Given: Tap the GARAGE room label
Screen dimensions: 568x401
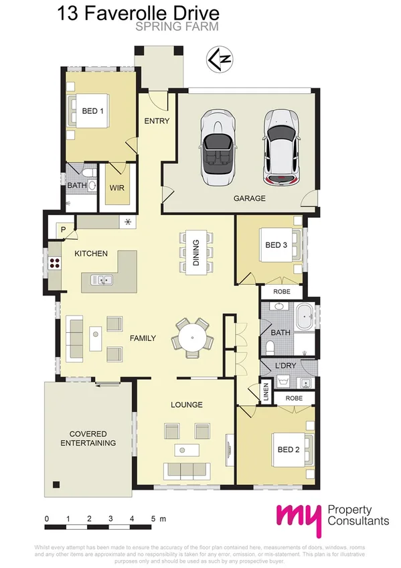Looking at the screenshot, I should tap(249, 198).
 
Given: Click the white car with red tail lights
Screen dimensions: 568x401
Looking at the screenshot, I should tap(280, 149).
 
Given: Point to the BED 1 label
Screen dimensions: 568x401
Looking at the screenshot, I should tap(92, 111).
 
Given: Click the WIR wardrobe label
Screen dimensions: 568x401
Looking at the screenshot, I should tap(117, 188).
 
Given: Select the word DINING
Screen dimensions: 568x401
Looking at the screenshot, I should tap(196, 253).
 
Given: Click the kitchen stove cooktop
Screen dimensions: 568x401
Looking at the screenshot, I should tap(54, 262).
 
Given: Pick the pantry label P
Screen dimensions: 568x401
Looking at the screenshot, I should tap(64, 230).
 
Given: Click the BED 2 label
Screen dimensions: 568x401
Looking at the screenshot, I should tap(288, 449).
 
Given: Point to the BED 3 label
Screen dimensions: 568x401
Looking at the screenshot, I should tap(276, 245).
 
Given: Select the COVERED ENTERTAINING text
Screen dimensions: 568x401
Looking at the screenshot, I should tap(88, 439).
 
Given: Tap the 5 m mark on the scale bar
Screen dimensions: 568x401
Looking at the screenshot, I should tap(153, 519).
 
